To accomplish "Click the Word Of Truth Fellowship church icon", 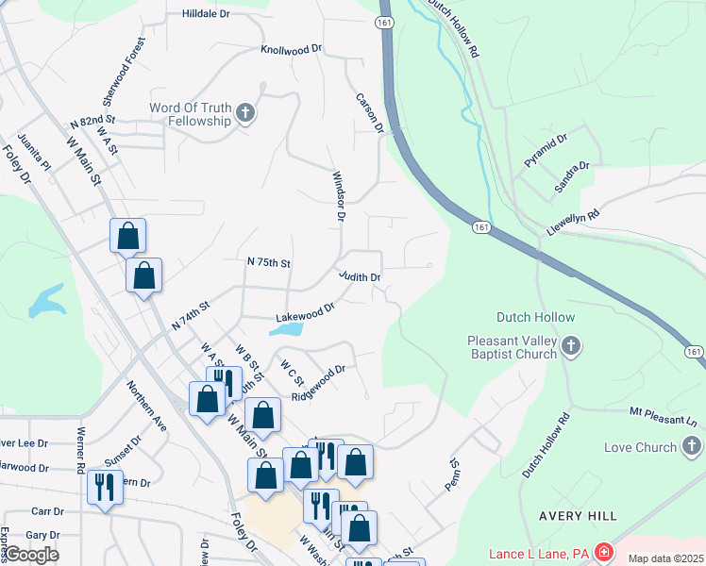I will click(245, 114).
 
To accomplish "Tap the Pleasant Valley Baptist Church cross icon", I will click(570, 347).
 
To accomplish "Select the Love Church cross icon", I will click(692, 446).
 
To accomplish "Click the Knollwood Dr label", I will click(292, 48).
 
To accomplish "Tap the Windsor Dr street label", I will click(337, 196).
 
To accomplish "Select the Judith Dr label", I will click(360, 277).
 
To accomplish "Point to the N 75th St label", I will click(269, 261).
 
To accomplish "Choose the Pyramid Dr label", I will click(546, 151).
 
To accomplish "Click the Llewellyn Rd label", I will click(573, 223).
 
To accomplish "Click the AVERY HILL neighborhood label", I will click(578, 516).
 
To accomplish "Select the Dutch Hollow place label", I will click(529, 317).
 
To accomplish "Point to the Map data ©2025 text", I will click(666, 558).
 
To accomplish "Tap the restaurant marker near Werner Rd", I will click(103, 488).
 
